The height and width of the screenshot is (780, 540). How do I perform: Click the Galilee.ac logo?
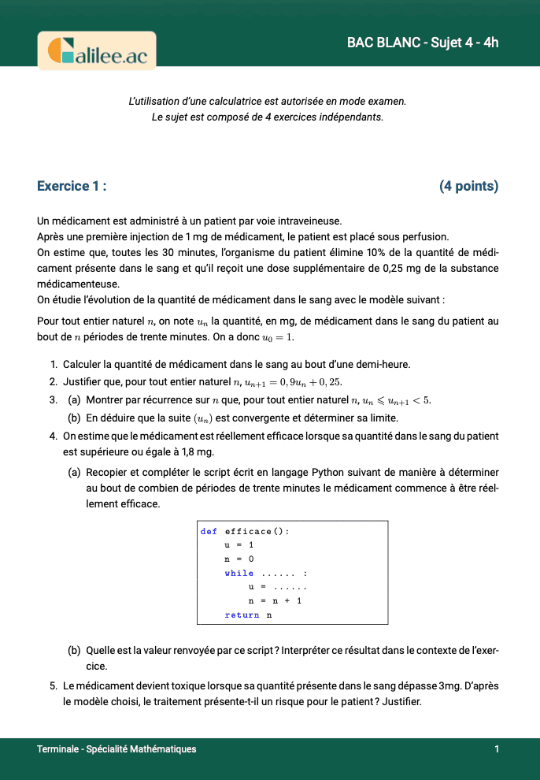click(x=97, y=51)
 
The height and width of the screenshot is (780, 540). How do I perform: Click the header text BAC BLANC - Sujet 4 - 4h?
click(x=423, y=43)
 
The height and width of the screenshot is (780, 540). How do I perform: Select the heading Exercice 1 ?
click(x=72, y=186)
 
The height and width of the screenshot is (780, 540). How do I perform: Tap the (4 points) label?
click(x=468, y=186)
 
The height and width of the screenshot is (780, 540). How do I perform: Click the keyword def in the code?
click(x=209, y=531)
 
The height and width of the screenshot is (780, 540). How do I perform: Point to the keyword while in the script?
click(x=239, y=573)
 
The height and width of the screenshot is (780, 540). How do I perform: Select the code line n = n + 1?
click(x=275, y=600)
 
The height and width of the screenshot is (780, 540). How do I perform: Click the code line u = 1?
click(x=239, y=545)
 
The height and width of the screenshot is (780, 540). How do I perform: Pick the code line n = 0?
click(x=239, y=559)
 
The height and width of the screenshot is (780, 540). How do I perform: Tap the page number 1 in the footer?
click(x=497, y=749)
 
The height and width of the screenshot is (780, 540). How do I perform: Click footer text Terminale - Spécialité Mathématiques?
click(x=117, y=749)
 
